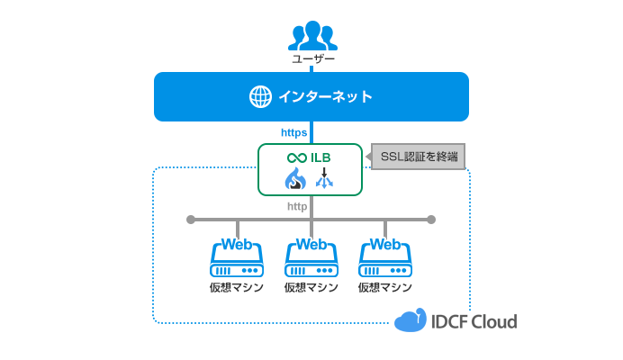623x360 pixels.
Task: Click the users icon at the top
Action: (311, 35)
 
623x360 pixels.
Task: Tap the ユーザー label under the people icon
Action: (312, 59)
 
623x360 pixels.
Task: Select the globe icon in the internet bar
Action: (260, 97)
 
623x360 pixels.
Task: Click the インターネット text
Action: (325, 97)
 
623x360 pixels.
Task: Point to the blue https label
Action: (294, 132)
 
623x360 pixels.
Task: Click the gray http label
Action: (297, 206)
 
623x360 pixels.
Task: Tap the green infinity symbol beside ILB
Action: (297, 157)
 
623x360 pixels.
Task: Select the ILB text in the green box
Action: (321, 157)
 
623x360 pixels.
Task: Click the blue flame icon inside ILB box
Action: (295, 180)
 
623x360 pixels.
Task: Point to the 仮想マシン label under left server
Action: (237, 288)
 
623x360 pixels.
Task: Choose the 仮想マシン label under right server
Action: (385, 288)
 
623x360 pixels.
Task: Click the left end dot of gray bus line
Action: (190, 220)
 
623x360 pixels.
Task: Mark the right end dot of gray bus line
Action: (431, 220)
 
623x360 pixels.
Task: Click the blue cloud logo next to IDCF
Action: (410, 320)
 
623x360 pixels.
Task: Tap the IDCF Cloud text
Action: (474, 321)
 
